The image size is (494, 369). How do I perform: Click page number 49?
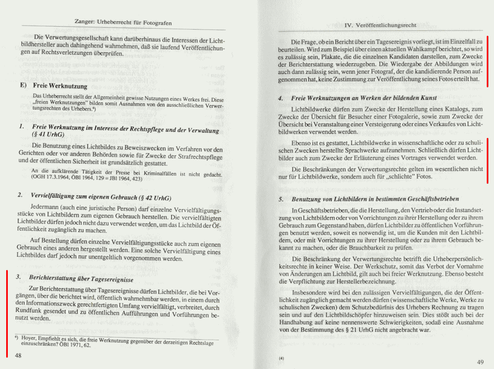tap(480, 362)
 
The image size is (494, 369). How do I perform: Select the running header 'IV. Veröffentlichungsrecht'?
tap(380, 25)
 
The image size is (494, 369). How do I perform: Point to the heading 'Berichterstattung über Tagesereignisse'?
tap(82, 279)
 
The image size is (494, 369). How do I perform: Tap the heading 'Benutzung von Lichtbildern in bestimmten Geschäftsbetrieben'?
tap(375, 199)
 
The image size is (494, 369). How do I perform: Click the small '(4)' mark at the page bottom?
tap(281, 358)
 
